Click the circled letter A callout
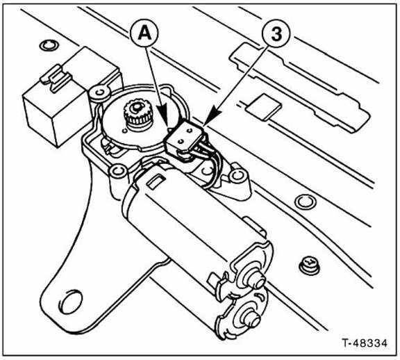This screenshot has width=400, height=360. pos(144,34)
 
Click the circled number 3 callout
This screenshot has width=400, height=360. pos(276,34)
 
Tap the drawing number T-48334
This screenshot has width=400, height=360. pos(365,343)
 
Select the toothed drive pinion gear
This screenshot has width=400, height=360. pos(137,114)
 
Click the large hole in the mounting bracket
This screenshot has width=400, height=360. pos(71,302)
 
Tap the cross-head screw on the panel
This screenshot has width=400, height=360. pos(309,265)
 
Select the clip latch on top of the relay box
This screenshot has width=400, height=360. pos(56,79)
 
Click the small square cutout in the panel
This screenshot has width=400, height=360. pos(262,106)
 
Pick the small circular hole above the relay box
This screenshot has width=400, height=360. pos(49,46)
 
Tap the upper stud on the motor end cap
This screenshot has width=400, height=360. pos(256,279)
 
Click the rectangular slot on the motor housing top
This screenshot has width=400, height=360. pos(156,182)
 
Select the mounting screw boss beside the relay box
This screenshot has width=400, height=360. pos(100,92)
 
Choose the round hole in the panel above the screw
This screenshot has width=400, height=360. pos(306,202)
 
